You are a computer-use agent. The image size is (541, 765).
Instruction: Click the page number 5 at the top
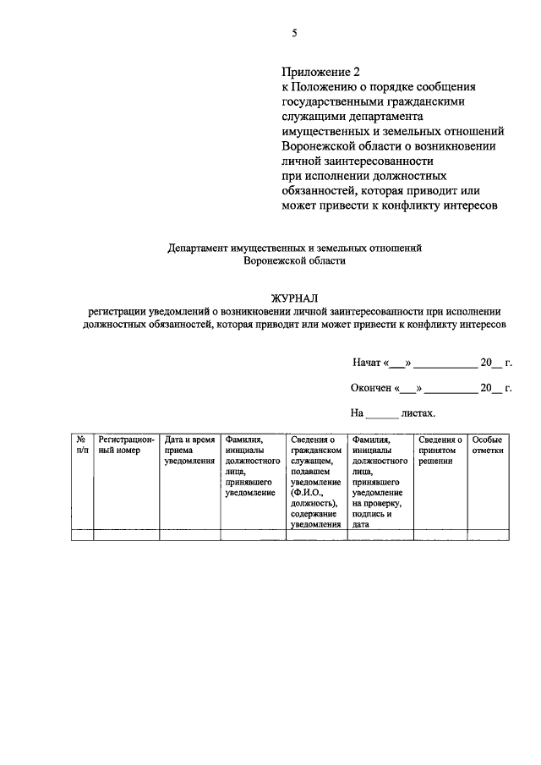294,33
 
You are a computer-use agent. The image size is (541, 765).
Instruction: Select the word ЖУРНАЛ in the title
294,298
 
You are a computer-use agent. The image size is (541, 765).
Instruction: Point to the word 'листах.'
418,413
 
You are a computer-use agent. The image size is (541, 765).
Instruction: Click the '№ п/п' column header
81,445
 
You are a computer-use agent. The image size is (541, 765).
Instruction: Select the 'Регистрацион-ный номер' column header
126,445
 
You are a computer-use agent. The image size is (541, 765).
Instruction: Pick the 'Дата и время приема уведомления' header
189,451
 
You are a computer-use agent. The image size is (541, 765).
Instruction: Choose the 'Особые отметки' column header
488,445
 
